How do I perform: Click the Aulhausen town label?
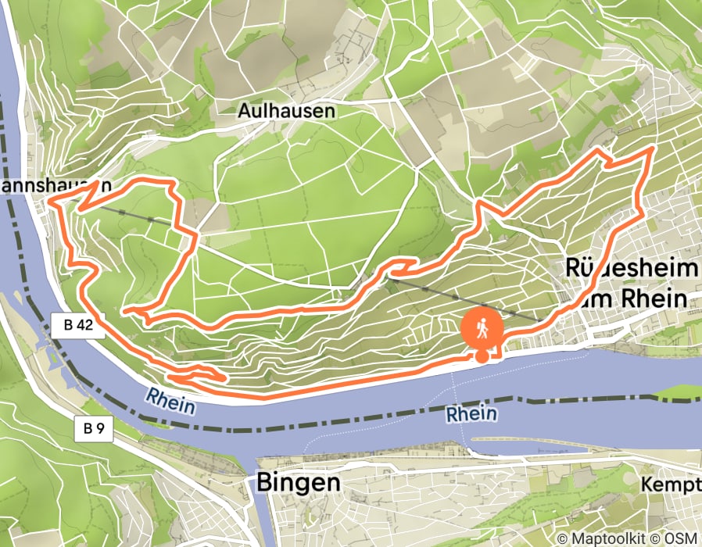287,111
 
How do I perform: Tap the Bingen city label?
299,483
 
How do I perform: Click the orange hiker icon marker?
482,329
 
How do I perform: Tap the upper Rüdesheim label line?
631,270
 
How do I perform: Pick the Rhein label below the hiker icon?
472,413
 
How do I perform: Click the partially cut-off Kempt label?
671,484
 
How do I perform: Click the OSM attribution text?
681,538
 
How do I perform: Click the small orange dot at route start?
482,356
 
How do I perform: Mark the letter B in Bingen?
264,483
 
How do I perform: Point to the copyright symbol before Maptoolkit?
562,538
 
